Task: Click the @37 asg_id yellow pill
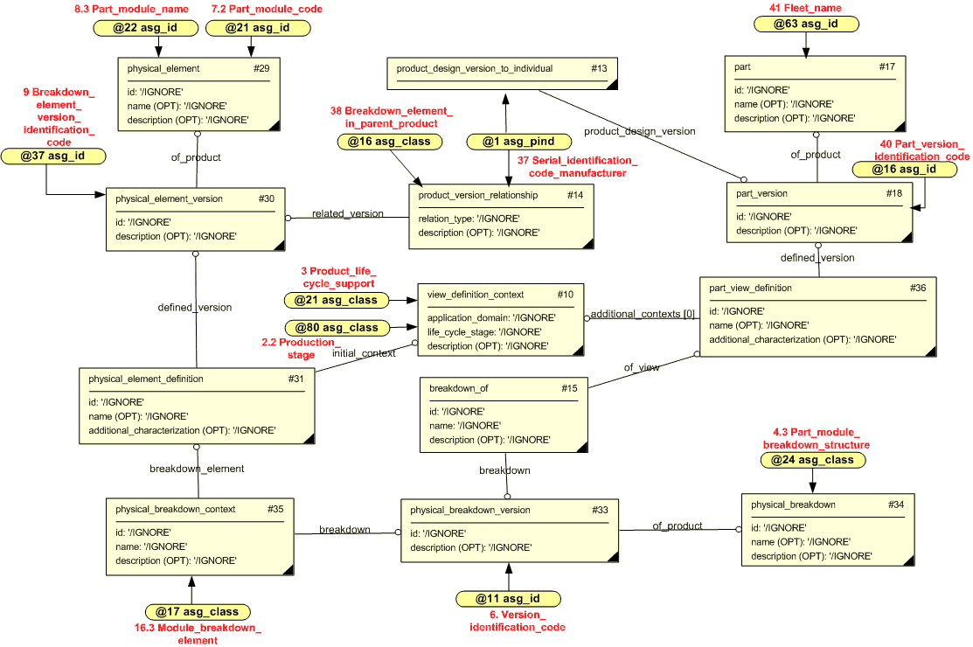tap(53, 156)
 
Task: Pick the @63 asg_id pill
tap(805, 24)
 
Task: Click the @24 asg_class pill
tap(812, 460)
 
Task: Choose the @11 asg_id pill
tap(508, 599)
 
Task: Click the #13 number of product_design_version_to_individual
tap(599, 68)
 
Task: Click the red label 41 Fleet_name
tap(805, 7)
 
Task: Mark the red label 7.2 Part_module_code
tap(267, 9)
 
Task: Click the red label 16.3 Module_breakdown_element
tap(198, 634)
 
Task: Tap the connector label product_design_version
tap(640, 131)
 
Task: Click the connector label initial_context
tap(364, 352)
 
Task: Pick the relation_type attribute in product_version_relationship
tap(469, 219)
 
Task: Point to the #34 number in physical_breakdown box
tap(896, 504)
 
